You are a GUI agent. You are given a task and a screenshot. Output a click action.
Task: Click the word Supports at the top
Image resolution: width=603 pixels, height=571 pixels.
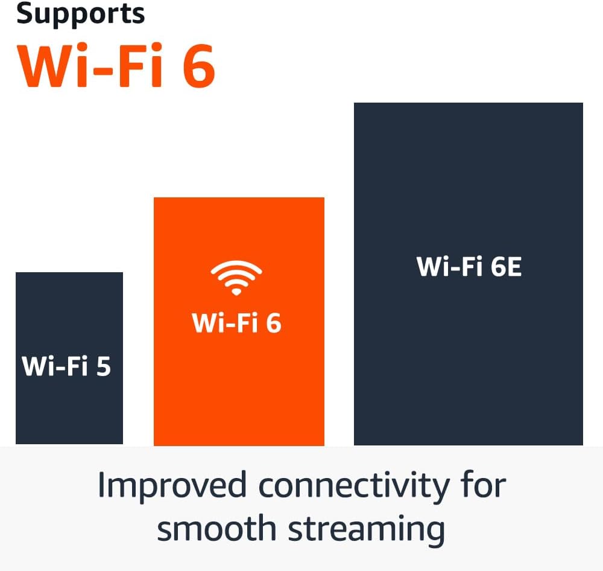80,13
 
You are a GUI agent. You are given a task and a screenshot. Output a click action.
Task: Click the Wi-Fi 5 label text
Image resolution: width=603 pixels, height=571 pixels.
66,366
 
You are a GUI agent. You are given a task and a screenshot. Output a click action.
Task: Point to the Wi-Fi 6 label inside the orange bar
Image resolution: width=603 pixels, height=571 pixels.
236,324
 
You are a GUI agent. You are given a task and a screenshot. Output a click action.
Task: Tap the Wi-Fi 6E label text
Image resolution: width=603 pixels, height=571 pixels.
469,267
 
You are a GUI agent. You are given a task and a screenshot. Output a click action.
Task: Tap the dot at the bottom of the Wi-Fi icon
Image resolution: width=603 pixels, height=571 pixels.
236,292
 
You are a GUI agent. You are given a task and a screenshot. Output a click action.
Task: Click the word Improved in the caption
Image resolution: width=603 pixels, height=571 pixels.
172,486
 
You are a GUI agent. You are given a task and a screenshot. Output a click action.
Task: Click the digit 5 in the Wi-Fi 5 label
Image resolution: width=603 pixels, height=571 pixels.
103,366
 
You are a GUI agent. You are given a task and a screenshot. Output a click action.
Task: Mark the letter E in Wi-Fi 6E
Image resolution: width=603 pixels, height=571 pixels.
513,267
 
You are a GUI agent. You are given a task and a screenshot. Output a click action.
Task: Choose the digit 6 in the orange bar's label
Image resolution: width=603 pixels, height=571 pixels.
273,324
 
